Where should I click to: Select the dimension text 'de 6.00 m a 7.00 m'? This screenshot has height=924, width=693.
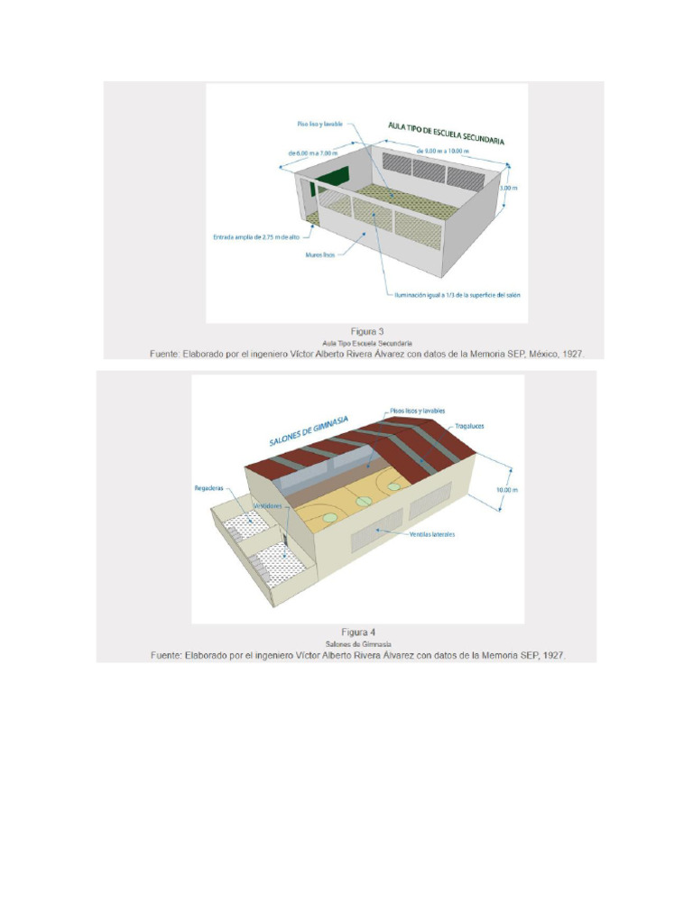312,153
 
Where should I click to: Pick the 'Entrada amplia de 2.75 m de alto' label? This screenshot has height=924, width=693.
255,237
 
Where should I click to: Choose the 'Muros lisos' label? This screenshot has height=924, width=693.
320,255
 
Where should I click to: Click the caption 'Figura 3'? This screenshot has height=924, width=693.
367,331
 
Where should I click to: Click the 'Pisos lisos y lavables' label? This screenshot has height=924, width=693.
418,411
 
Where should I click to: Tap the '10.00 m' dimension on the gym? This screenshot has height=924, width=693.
508,490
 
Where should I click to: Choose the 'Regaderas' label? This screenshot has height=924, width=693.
208,488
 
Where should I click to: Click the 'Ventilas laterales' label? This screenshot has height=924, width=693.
431,534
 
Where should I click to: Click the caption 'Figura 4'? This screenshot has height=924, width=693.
359,633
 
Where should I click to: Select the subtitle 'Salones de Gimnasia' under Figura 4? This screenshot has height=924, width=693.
358,644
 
